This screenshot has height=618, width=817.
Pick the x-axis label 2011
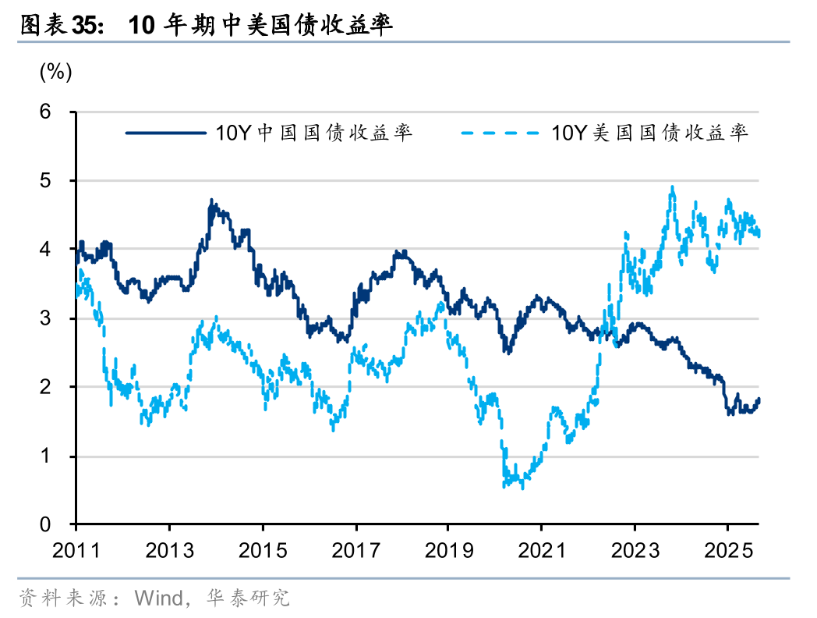coord(76,551)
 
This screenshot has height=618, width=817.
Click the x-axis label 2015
coord(263,551)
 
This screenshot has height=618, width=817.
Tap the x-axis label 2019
coord(448,551)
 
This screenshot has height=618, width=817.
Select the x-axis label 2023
coord(635,551)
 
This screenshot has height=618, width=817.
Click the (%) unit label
coord(55,73)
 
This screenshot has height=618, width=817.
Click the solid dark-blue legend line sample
coord(165,133)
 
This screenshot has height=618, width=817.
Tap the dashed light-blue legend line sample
coord(500,133)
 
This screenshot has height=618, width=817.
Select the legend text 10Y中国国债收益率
coord(314,133)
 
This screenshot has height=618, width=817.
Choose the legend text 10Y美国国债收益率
coord(650,133)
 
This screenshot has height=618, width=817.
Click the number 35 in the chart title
coord(86,25)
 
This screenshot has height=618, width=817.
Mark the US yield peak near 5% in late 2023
coord(672,187)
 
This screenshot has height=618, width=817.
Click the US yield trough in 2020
coord(522,488)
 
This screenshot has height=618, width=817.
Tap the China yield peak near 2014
coord(211,201)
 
